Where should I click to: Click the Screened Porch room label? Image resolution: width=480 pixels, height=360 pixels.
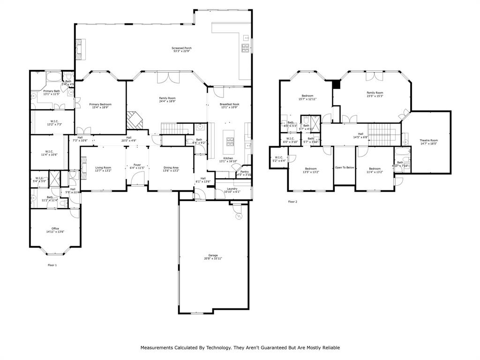click(x=181, y=48)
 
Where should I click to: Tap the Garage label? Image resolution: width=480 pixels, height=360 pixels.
click(x=213, y=255)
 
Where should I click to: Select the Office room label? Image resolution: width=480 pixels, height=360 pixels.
click(x=55, y=228)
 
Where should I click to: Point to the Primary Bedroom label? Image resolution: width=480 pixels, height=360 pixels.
click(x=100, y=104)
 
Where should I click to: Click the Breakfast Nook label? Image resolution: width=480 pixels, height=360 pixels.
click(x=230, y=104)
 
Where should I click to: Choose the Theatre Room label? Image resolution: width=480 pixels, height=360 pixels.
click(x=428, y=141)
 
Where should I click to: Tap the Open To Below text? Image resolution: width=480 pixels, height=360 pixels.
click(x=345, y=167)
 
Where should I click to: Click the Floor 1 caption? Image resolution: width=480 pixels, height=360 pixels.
click(x=52, y=265)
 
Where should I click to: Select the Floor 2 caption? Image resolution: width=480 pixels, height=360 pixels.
click(x=292, y=202)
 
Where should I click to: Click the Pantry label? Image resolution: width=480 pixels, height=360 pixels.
click(x=244, y=172)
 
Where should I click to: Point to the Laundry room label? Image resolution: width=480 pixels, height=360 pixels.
click(x=232, y=188)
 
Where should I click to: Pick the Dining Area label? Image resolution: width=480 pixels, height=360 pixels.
click(x=171, y=167)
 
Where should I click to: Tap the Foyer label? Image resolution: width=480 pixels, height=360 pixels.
click(x=137, y=165)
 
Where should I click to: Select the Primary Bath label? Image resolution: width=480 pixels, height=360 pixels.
click(x=52, y=91)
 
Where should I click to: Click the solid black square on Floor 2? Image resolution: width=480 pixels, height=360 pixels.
click(x=336, y=84)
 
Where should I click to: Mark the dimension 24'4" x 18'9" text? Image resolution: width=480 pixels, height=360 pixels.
click(x=167, y=101)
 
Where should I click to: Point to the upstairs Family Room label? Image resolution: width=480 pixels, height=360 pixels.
click(x=375, y=93)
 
